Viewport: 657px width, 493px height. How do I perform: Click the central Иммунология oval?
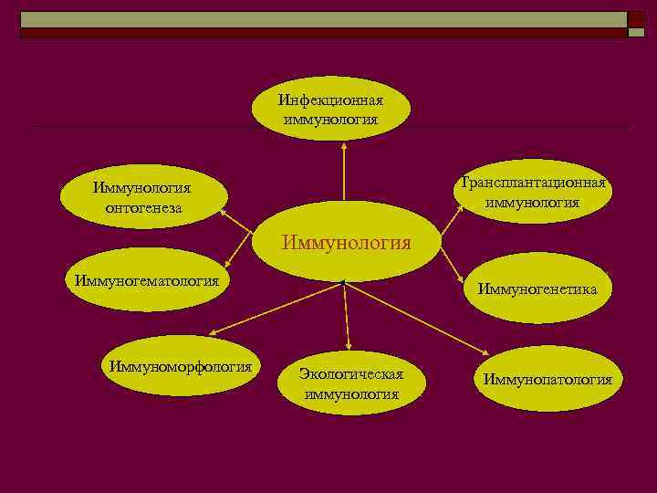[x=346, y=242]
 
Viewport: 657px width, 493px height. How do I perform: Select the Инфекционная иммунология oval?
[x=331, y=109]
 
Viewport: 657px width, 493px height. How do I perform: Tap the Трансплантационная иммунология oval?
[x=533, y=192]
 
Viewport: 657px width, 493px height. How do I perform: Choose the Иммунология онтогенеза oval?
[x=142, y=198]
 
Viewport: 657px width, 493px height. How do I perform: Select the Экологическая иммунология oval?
[x=351, y=384]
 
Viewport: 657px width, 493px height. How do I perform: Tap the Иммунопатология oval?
[x=547, y=379]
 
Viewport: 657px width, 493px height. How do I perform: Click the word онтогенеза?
[x=143, y=207]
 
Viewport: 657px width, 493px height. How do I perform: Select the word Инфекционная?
[x=331, y=100]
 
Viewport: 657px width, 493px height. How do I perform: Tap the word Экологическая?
[x=351, y=374]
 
